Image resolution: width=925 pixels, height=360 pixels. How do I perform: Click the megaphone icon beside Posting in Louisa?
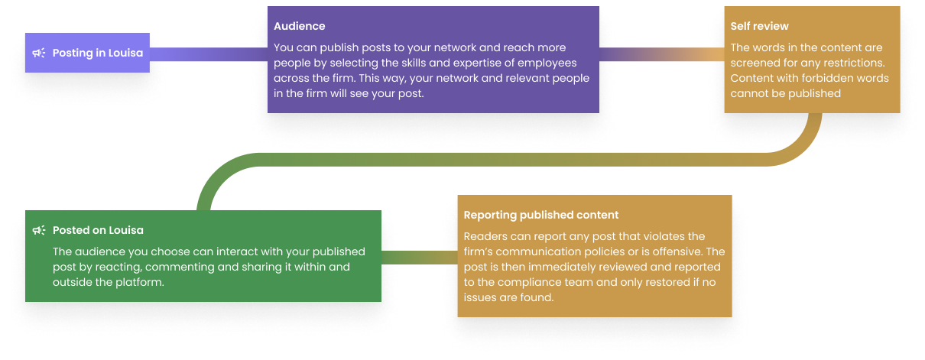pyautogui.click(x=39, y=54)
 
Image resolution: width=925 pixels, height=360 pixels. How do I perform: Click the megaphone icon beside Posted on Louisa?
pyautogui.click(x=39, y=230)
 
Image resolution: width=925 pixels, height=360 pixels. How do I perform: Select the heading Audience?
pyautogui.click(x=299, y=26)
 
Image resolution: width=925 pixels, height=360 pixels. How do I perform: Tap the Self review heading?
pyautogui.click(x=759, y=26)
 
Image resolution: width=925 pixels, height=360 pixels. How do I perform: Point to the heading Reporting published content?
pyautogui.click(x=540, y=215)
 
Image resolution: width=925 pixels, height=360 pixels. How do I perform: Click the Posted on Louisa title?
pyautogui.click(x=98, y=230)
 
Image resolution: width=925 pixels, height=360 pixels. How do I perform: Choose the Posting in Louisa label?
pyautogui.click(x=98, y=54)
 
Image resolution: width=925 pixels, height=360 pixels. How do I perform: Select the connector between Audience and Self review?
pyautogui.click(x=661, y=54)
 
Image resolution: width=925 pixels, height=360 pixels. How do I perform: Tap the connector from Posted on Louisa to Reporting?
pyautogui.click(x=419, y=256)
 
